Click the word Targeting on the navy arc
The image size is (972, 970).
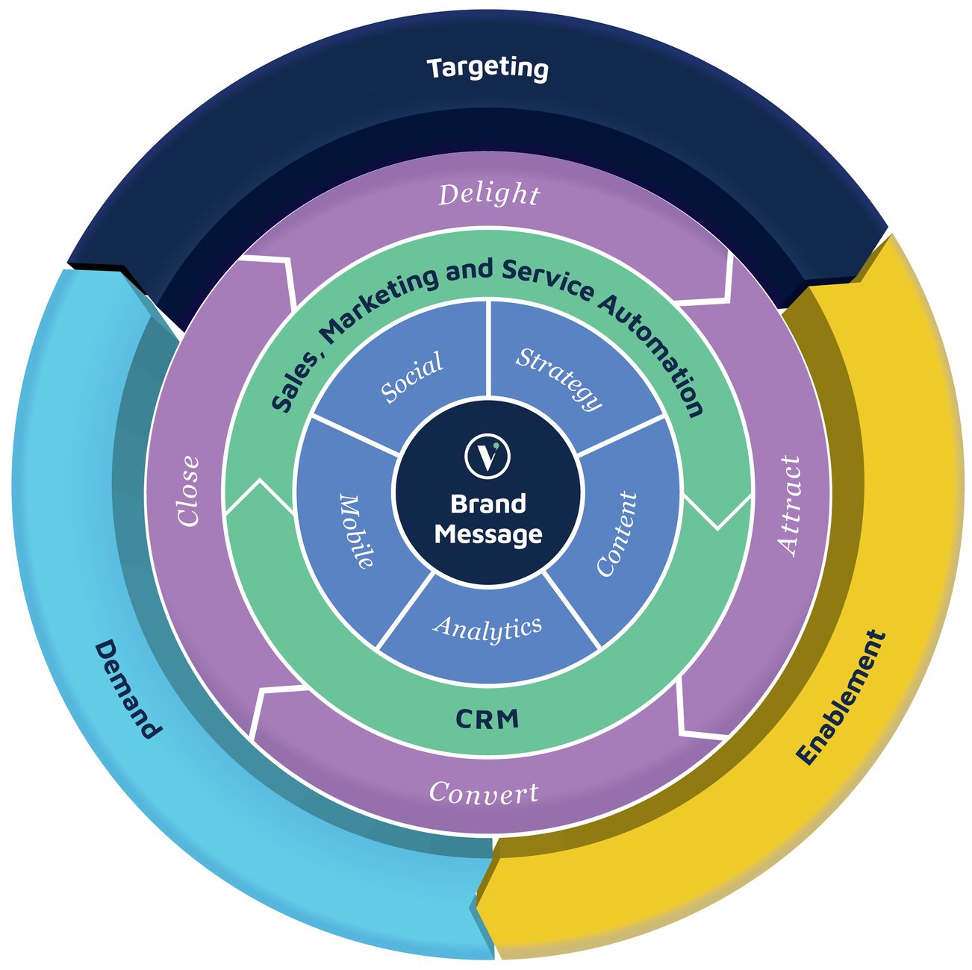(x=487, y=68)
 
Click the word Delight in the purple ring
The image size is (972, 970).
(x=489, y=194)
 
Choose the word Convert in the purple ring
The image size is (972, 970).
(x=484, y=792)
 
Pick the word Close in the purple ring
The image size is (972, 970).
(x=189, y=492)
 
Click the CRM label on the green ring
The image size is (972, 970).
(x=487, y=719)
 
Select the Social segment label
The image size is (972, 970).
(x=412, y=377)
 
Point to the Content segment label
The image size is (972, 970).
(x=617, y=533)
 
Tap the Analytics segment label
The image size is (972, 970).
(x=487, y=629)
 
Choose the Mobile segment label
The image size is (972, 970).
(x=357, y=531)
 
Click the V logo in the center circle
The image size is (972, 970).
(x=487, y=456)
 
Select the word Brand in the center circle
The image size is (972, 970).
(x=487, y=504)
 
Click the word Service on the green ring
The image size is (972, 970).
(x=549, y=280)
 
